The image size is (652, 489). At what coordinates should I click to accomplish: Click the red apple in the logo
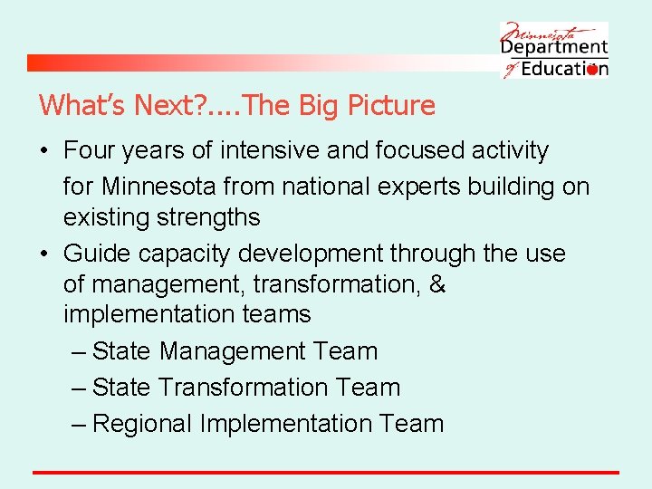(593, 69)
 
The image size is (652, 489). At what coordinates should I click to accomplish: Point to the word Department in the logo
(554, 46)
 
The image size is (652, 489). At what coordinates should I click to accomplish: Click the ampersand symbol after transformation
(436, 284)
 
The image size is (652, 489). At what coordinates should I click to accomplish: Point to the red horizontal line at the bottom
(326, 472)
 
